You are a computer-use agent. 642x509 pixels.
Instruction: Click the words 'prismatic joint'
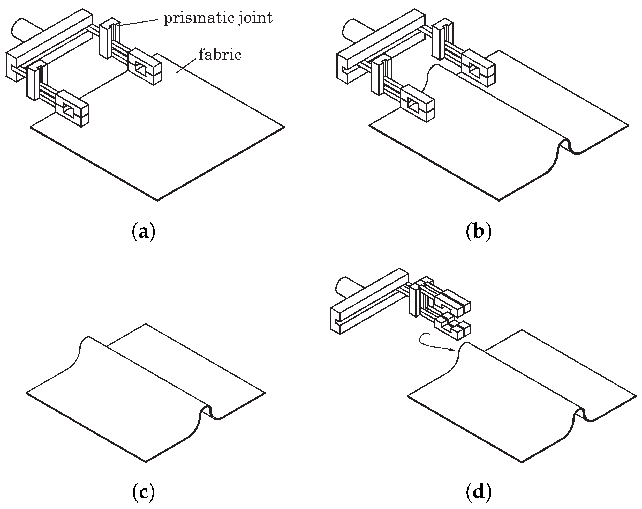[218, 18]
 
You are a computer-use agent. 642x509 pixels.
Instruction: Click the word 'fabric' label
[220, 55]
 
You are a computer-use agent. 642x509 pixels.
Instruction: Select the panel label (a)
[143, 232]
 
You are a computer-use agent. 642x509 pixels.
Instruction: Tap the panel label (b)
[478, 232]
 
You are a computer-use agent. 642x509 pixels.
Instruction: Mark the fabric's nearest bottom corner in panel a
[157, 200]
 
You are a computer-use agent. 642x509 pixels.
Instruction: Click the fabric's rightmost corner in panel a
[284, 127]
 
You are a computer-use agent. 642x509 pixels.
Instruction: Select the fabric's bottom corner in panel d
[522, 462]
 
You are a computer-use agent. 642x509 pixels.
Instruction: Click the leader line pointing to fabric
[186, 65]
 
